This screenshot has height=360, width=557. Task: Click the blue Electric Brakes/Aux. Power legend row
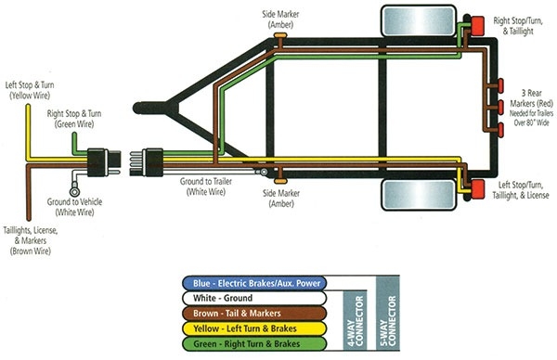click(x=260, y=283)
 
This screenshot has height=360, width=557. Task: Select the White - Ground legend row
click(x=260, y=298)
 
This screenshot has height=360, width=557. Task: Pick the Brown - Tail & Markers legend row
click(x=260, y=313)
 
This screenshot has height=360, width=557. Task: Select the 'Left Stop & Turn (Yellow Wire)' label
click(x=32, y=88)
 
